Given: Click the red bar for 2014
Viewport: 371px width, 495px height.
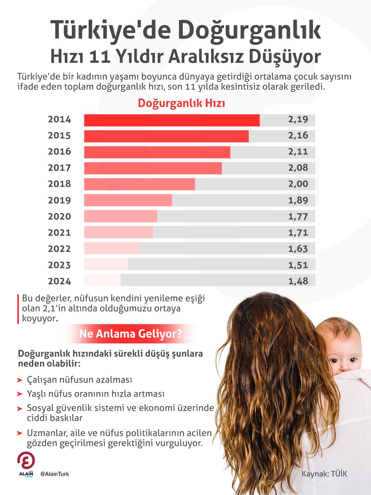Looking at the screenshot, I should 172,120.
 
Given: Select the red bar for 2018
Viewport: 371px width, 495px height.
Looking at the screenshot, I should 139,184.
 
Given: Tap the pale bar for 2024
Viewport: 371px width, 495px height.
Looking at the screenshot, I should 102,280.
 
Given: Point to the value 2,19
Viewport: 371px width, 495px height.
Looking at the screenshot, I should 298,120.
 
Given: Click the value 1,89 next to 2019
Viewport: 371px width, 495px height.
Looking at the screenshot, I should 298,200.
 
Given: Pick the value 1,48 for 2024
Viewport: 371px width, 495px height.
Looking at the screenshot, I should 298,281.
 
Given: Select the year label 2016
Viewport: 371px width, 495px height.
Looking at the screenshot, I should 59,152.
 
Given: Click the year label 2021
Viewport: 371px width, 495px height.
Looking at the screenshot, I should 59,233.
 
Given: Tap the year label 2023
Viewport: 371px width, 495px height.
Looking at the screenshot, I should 59,265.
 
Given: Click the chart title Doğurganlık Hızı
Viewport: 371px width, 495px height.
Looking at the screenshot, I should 181,103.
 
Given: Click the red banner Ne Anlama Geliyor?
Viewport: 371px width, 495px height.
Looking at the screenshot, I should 131,334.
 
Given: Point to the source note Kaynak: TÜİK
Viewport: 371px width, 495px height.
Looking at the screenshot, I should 324,474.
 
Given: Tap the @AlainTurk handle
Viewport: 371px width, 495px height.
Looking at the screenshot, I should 55,474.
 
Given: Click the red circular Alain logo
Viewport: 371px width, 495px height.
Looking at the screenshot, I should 26,461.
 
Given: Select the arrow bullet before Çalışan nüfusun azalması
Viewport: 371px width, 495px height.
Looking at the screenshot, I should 20,380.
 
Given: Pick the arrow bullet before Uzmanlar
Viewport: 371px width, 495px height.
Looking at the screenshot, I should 20,433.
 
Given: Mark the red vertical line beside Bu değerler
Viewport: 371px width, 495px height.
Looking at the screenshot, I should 18,309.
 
